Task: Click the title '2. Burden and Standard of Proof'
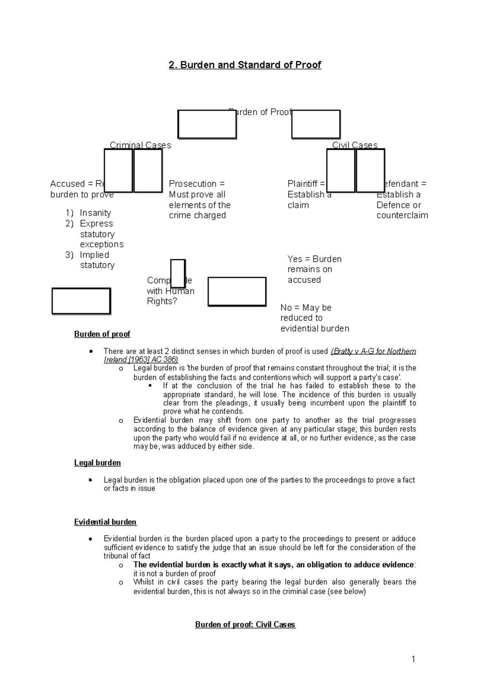click(x=245, y=65)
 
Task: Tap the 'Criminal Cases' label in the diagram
click(x=140, y=145)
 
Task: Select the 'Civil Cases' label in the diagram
click(x=354, y=145)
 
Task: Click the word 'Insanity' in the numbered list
click(x=95, y=213)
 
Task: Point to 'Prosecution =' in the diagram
click(x=197, y=184)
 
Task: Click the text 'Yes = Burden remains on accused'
click(x=314, y=269)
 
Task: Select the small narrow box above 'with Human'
click(x=178, y=273)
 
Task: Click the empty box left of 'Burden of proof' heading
click(x=81, y=301)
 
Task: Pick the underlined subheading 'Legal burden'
click(x=97, y=463)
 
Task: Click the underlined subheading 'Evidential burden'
click(x=105, y=522)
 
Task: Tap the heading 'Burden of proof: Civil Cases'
click(x=245, y=624)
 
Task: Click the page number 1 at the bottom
click(x=413, y=659)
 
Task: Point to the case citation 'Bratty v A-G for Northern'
click(x=374, y=351)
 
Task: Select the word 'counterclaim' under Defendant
click(x=402, y=215)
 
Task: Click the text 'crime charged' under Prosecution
click(x=197, y=215)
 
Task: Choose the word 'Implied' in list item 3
click(x=94, y=255)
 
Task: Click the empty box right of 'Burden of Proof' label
click(x=316, y=124)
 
